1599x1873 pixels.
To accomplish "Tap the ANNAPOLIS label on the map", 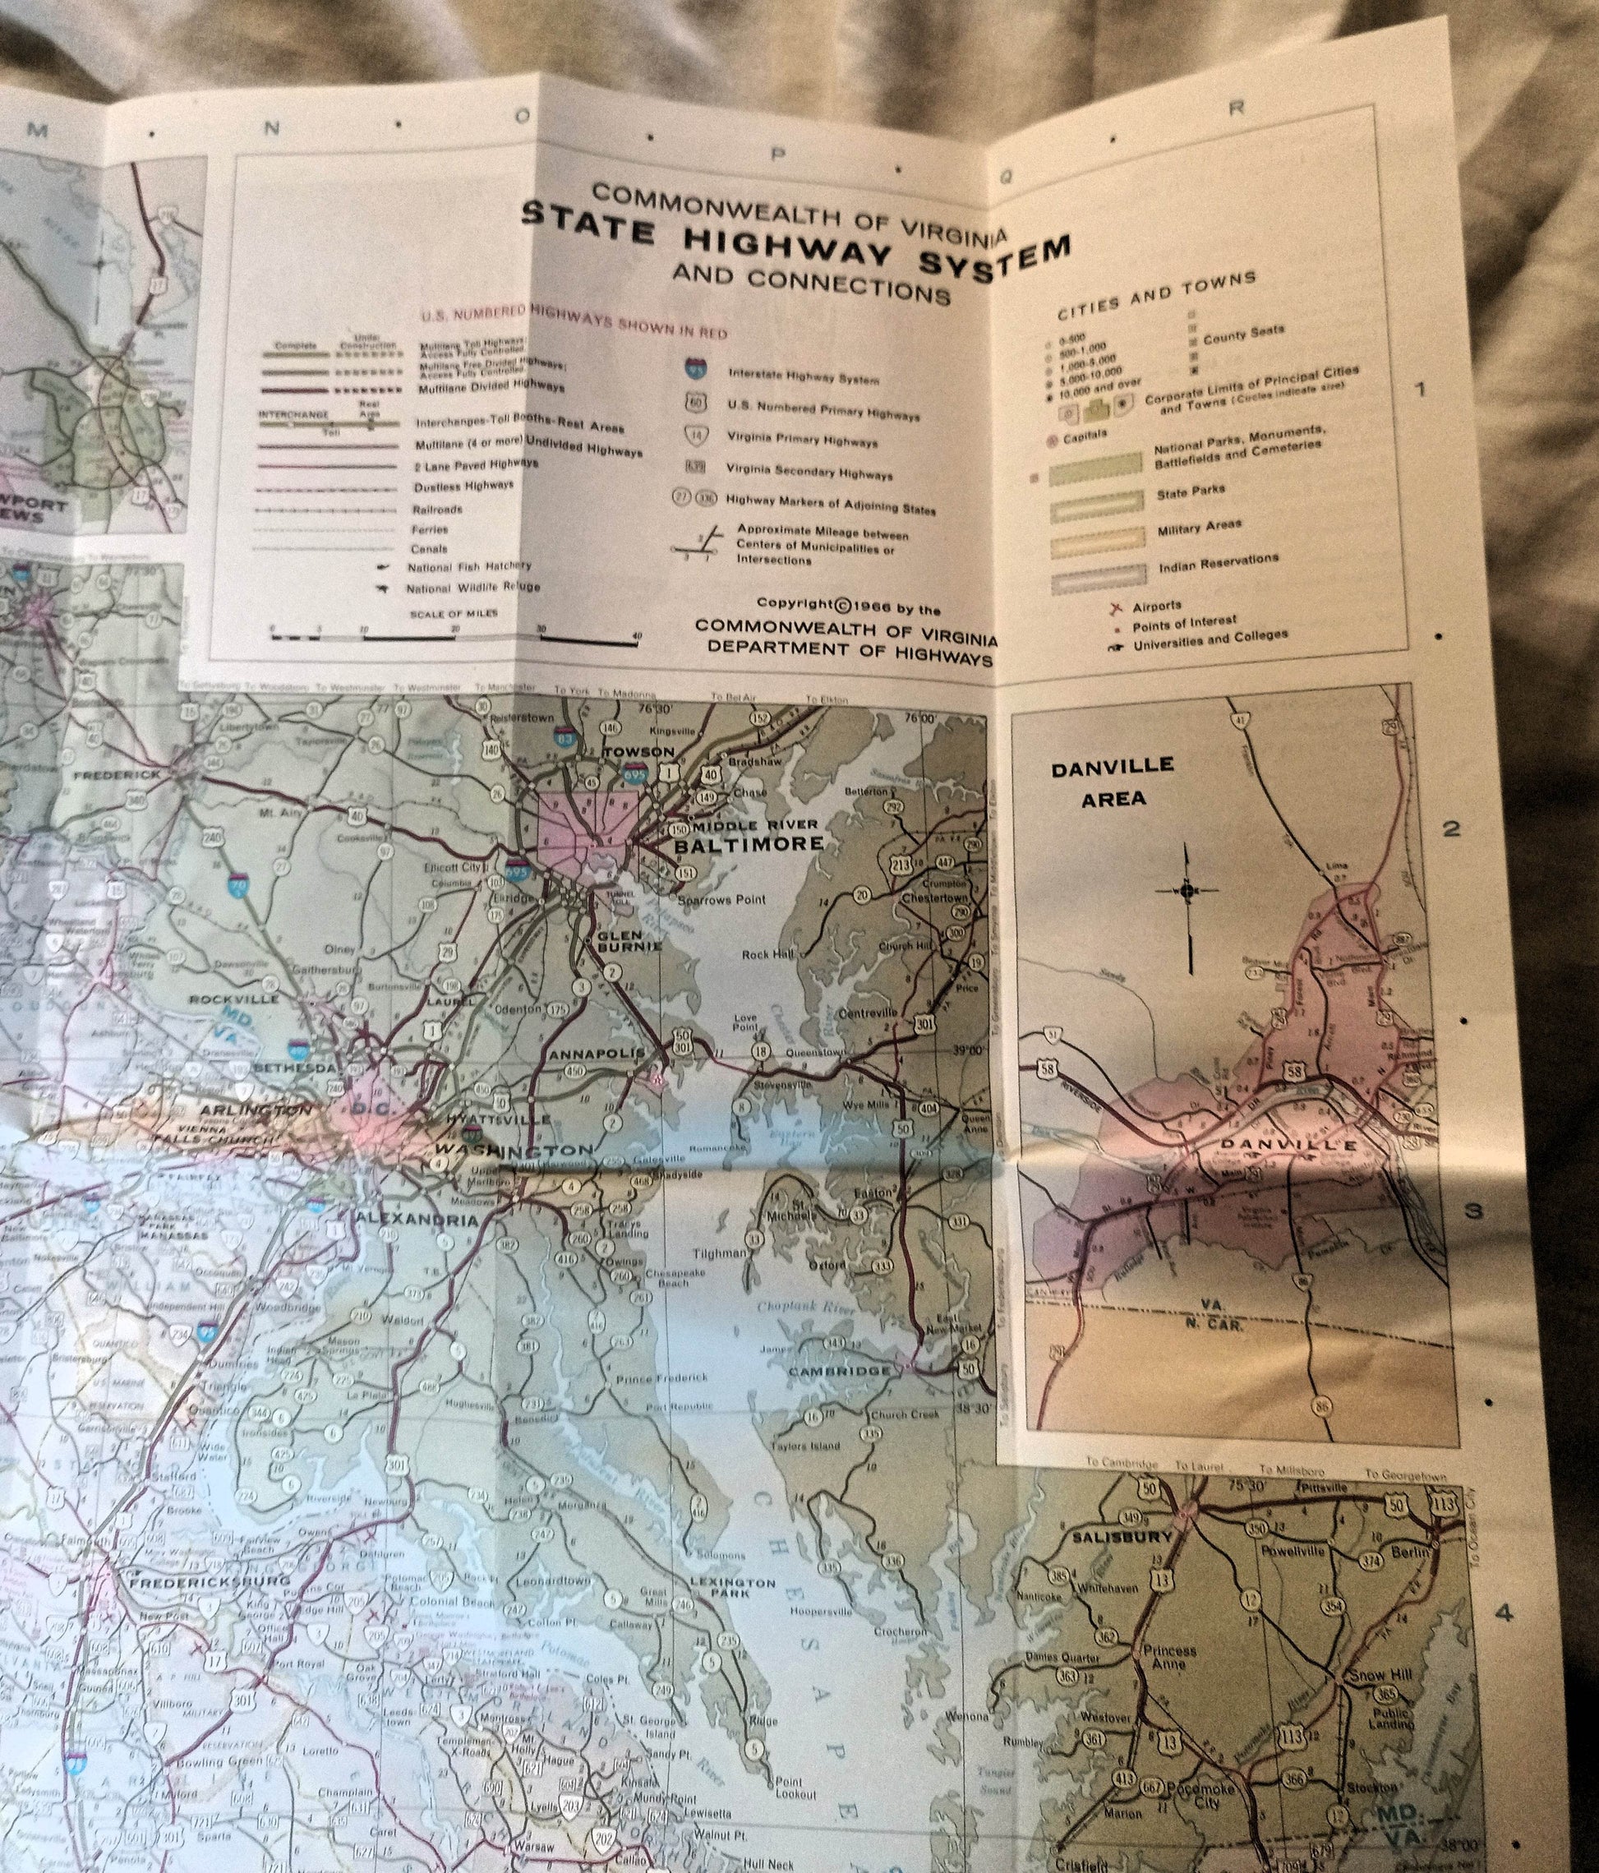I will pos(597,1054).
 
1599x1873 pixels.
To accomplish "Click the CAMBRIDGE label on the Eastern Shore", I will pos(839,1370).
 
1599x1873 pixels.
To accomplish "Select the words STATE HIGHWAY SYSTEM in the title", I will pos(795,246).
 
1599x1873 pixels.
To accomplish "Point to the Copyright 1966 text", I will pos(848,606).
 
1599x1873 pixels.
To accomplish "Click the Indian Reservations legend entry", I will pos(1219,563).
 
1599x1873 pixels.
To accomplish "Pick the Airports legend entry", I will pos(1156,606).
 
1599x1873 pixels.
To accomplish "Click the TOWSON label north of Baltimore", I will pos(639,752).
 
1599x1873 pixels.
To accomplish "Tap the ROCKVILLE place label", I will pos(233,999).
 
